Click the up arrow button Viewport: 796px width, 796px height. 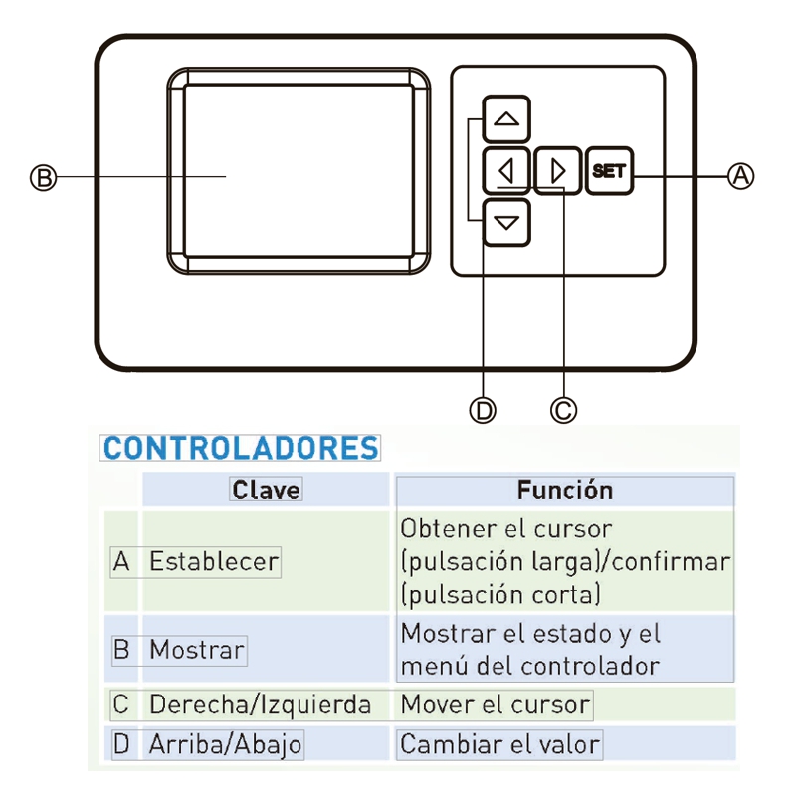tap(506, 119)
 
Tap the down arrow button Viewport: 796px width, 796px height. tap(506, 222)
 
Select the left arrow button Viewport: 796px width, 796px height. tap(506, 171)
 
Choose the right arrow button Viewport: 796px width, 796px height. tap(557, 171)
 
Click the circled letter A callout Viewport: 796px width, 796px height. tap(740, 176)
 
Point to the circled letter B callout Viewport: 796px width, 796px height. tap(43, 178)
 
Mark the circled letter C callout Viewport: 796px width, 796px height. tap(563, 410)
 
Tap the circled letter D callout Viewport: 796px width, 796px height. tap(483, 410)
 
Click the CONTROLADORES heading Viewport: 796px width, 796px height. tap(241, 448)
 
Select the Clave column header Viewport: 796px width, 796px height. tap(266, 490)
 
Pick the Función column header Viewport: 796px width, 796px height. tap(565, 490)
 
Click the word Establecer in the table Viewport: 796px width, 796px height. tap(214, 561)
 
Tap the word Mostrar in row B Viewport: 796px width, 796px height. tap(197, 650)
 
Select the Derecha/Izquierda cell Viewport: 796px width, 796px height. tap(260, 705)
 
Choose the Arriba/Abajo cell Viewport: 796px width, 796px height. tap(226, 745)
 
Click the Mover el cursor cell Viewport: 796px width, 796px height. tap(495, 704)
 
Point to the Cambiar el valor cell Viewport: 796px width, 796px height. tap(500, 744)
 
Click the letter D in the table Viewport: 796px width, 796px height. tap(121, 744)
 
